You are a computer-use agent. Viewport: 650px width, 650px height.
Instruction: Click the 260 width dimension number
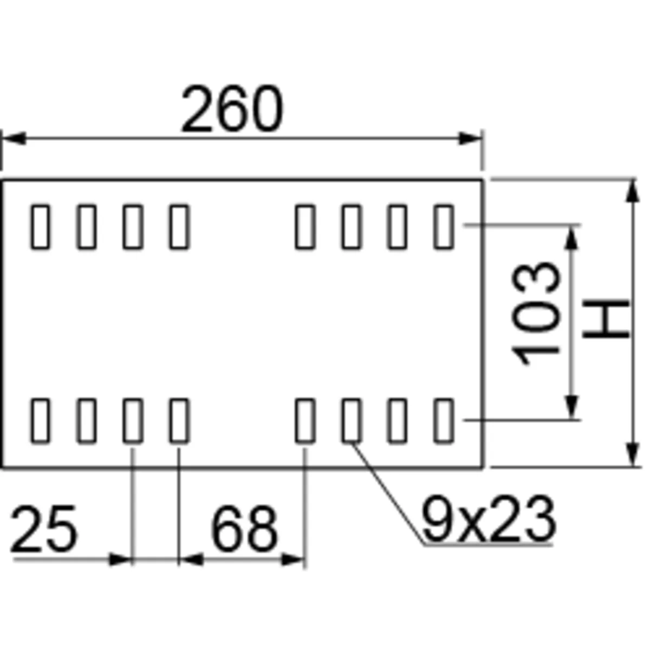pyautogui.click(x=232, y=109)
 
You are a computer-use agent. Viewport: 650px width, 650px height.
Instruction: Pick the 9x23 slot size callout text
pyautogui.click(x=488, y=520)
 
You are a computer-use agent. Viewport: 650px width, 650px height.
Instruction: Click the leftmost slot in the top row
pyautogui.click(x=40, y=226)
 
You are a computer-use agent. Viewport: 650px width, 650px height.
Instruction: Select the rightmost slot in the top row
pyautogui.click(x=444, y=226)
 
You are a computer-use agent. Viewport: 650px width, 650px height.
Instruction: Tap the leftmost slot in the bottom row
pyautogui.click(x=40, y=420)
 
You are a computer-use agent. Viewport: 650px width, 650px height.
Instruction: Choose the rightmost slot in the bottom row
pyautogui.click(x=444, y=420)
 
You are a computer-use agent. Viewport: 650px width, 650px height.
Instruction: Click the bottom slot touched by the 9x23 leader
pyautogui.click(x=351, y=420)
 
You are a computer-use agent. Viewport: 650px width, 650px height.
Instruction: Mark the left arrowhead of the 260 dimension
pyautogui.click(x=13, y=139)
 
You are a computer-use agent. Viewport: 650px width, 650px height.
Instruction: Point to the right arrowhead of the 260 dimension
pyautogui.click(x=470, y=139)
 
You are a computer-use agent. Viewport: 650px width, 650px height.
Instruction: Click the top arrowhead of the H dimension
pyautogui.click(x=633, y=191)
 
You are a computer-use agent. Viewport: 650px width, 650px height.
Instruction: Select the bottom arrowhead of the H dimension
pyautogui.click(x=633, y=455)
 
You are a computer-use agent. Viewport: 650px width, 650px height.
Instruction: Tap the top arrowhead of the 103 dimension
pyautogui.click(x=572, y=236)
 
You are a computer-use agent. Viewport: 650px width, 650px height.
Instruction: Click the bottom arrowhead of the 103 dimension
pyautogui.click(x=572, y=408)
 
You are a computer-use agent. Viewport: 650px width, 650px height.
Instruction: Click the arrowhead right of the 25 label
pyautogui.click(x=120, y=559)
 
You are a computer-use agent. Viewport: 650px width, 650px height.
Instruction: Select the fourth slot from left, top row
pyautogui.click(x=179, y=226)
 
